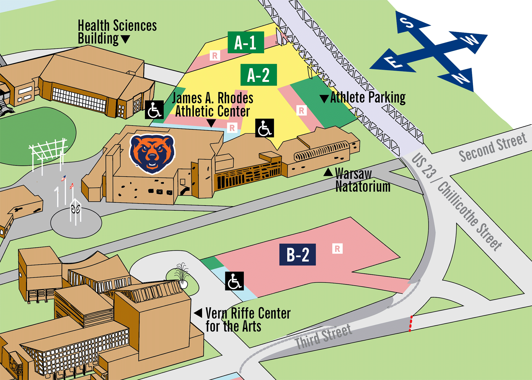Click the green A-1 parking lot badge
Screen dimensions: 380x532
246,42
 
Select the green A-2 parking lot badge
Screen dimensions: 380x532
259,75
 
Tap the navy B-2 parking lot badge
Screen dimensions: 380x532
297,254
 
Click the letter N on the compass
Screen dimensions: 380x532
461,78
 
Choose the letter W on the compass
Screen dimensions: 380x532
471,40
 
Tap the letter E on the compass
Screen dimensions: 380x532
393,63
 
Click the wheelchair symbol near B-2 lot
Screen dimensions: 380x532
234,281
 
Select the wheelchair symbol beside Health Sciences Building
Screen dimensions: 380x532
154,110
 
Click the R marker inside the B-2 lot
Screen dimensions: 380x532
337,249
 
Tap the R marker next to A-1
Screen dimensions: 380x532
215,56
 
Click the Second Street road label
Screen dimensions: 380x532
493,147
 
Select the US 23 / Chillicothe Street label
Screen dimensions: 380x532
456,202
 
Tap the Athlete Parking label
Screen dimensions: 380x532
368,98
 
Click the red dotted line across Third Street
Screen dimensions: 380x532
411,323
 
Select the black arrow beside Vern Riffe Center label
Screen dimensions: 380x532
198,313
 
